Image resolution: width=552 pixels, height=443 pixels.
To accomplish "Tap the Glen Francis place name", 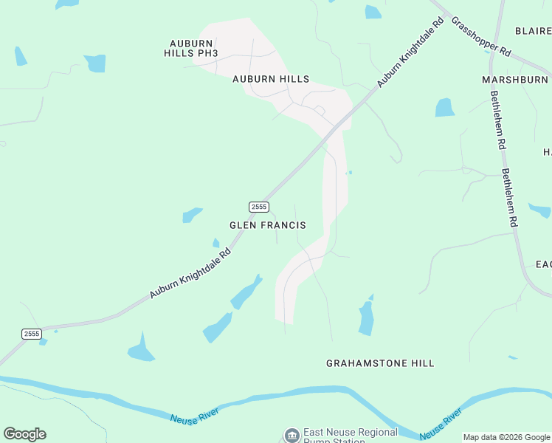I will click(x=267, y=225).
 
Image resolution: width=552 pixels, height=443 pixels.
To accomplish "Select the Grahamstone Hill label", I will click(x=380, y=363).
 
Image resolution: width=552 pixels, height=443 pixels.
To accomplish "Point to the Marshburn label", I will click(x=515, y=79).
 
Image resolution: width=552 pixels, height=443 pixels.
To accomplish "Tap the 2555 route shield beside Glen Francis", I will click(x=258, y=207).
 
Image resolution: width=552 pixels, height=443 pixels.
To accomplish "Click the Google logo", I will click(x=24, y=434).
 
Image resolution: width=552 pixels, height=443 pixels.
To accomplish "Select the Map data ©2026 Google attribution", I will click(x=507, y=437).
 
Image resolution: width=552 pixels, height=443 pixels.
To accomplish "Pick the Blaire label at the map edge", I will click(x=533, y=31).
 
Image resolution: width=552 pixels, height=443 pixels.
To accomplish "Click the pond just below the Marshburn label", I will click(x=445, y=108).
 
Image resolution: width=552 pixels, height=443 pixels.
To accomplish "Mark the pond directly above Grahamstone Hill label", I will click(x=366, y=318).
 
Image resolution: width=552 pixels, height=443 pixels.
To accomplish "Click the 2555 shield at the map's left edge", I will click(x=31, y=334).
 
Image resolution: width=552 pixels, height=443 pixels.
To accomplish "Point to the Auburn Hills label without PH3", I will click(x=270, y=79).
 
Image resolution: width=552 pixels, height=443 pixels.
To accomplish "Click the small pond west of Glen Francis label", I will click(x=192, y=215).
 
